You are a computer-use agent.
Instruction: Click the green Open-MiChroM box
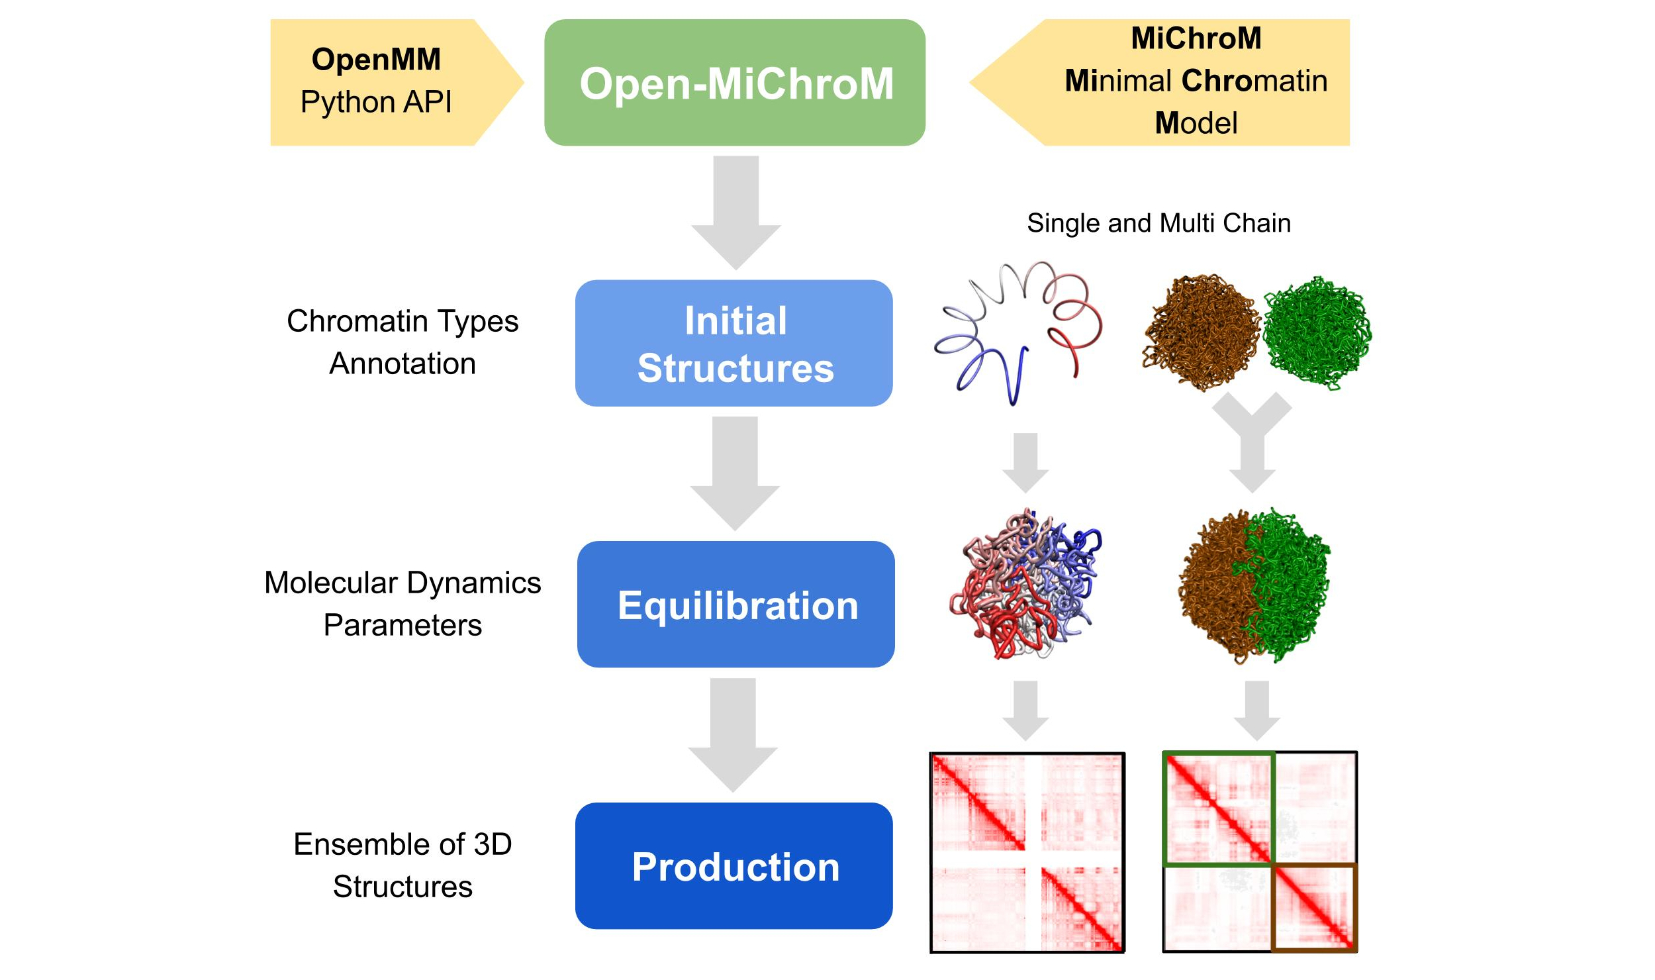tap(735, 83)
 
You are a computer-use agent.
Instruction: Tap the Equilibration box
tap(735, 605)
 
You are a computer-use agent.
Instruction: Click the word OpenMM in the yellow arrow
tap(376, 60)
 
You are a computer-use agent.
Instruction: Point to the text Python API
tap(376, 102)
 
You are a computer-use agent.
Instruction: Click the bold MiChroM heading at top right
tap(1196, 38)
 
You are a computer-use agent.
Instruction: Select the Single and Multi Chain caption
tap(1158, 223)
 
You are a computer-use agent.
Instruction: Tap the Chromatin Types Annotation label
tap(402, 342)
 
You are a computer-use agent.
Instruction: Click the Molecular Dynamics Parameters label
tap(402, 604)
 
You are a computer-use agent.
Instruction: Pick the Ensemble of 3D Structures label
tap(402, 865)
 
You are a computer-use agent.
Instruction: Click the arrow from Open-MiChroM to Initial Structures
tap(736, 212)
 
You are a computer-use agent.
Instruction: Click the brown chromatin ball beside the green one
tap(1202, 332)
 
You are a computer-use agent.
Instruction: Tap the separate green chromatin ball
tap(1317, 332)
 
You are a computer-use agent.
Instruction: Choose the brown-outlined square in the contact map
tap(1315, 908)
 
